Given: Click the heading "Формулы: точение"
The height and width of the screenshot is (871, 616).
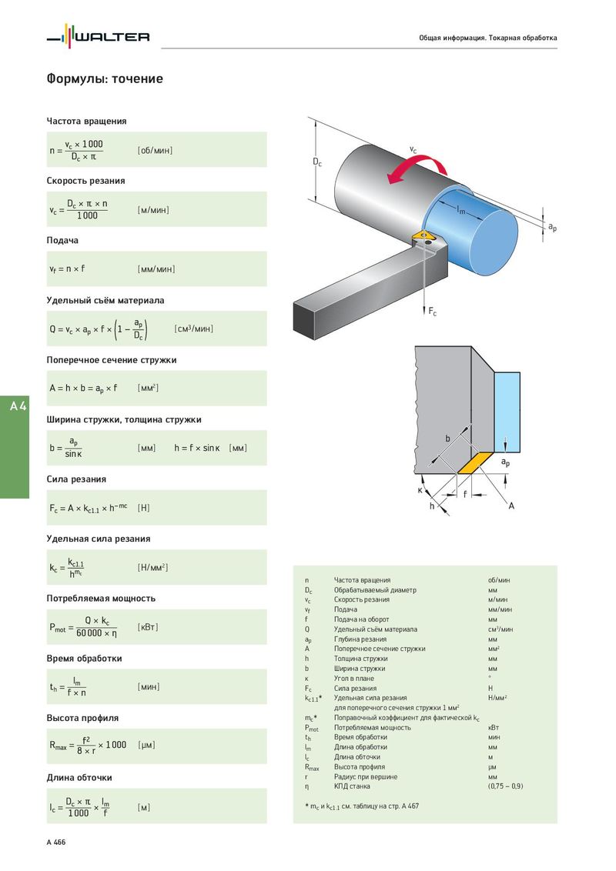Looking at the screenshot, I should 105,79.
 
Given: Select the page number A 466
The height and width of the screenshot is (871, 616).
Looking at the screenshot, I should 56,843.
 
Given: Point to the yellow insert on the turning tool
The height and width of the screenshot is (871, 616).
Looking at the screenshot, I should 422,233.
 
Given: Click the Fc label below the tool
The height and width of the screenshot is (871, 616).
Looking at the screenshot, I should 432,312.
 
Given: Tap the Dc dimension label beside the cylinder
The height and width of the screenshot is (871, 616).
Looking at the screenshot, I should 317,162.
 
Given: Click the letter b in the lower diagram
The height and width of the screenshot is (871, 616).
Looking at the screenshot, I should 447,438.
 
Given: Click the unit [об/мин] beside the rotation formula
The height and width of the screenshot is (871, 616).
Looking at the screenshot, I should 155,150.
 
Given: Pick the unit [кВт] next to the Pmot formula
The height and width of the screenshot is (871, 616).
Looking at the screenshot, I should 148,627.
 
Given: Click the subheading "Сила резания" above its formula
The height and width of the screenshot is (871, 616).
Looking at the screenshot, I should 76,479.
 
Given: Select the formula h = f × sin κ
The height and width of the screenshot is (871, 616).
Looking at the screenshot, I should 198,448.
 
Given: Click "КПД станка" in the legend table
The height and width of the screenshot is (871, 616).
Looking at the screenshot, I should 352,786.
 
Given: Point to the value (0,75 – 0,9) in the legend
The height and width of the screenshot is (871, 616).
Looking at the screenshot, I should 505,786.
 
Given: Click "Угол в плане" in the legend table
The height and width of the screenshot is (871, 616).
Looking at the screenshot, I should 354,678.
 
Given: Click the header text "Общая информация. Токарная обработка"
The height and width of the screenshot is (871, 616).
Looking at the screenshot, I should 487,38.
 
